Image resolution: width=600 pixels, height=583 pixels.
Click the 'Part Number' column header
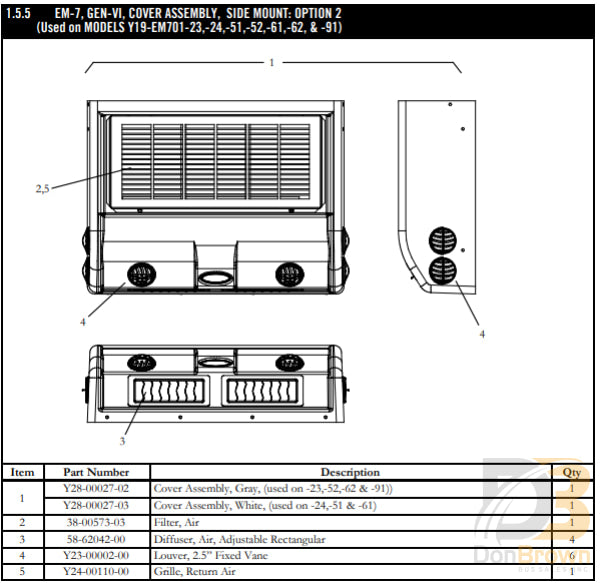96,472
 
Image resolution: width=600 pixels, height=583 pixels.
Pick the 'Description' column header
349,472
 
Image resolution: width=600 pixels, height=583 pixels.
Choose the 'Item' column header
22,472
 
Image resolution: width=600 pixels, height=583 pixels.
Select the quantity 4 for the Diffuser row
571,540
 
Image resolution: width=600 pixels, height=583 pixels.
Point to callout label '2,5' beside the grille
43,188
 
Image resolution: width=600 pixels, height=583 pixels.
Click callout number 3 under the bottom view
122,440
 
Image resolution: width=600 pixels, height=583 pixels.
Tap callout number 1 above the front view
271,62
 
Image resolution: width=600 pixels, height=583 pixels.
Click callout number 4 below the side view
482,333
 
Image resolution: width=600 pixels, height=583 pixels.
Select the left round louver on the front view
138,274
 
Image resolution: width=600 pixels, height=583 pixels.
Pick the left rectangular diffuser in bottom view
164,391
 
